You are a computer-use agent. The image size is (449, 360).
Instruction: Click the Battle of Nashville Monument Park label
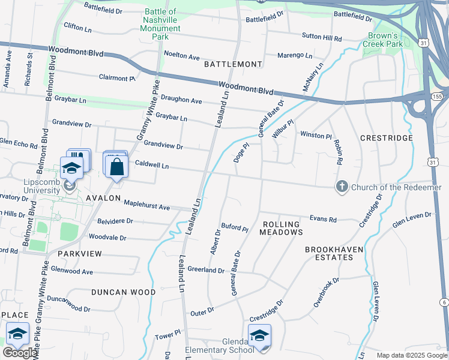click(x=161, y=24)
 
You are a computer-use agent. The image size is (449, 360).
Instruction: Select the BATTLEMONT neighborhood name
click(x=233, y=64)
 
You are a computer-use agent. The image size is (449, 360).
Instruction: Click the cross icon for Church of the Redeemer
click(x=342, y=187)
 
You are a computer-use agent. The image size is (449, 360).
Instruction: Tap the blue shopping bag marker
click(x=117, y=167)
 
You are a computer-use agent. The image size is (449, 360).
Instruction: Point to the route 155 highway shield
click(x=436, y=96)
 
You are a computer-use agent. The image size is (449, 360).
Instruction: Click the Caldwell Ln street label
click(x=152, y=164)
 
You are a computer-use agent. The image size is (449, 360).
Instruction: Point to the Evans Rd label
click(x=323, y=219)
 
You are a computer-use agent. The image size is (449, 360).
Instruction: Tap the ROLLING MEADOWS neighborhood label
click(x=282, y=227)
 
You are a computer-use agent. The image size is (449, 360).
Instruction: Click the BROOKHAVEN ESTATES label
click(x=329, y=253)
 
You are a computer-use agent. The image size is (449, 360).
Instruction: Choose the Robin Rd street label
click(x=339, y=153)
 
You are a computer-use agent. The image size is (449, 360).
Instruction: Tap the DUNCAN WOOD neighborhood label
click(x=124, y=292)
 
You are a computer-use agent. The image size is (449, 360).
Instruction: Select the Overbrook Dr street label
click(x=327, y=292)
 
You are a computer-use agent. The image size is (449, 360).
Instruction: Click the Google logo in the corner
click(x=20, y=353)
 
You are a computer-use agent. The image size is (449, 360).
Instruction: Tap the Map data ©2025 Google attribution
click(x=412, y=355)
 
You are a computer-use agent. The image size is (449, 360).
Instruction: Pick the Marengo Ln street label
click(x=295, y=56)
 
